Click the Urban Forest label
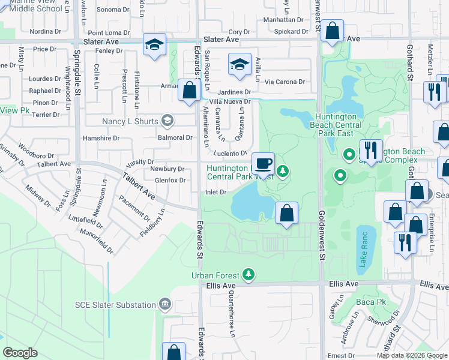point(215,275)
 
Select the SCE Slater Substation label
point(115,305)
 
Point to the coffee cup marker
point(262,163)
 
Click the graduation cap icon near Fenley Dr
point(154,45)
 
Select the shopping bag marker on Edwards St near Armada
point(190,91)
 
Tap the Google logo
point(20,353)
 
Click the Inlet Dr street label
point(215,192)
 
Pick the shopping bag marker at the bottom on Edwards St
point(174,353)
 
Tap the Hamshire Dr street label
point(102,138)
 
